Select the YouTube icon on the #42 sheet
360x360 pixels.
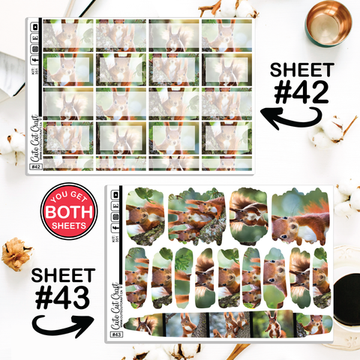click(x=35, y=26)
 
